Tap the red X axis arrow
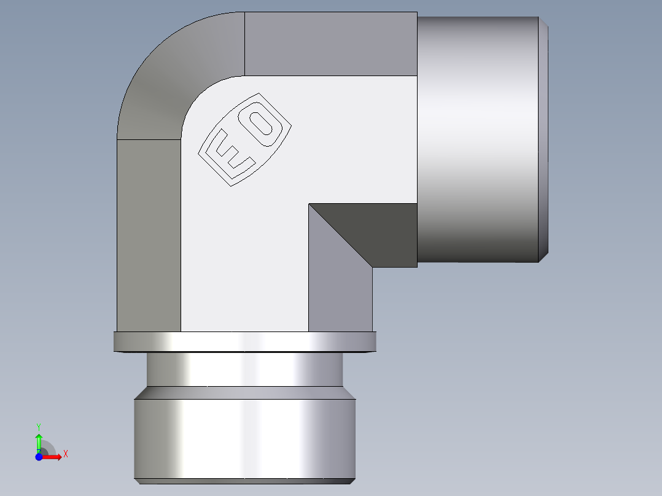pos(54,457)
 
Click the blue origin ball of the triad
pos(39,457)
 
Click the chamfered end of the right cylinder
pos(543,138)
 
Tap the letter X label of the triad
pos(66,454)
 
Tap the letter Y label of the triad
pos(39,426)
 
